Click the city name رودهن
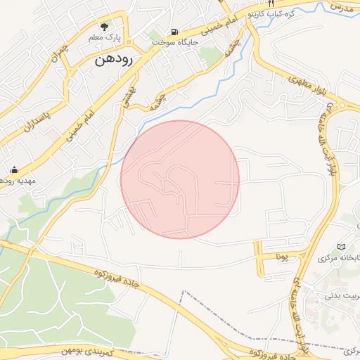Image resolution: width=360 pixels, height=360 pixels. [116, 60]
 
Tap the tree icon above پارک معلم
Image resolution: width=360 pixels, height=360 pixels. [105, 26]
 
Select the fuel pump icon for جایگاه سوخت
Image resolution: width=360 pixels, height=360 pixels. [174, 32]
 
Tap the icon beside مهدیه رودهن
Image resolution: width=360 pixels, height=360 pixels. [14, 169]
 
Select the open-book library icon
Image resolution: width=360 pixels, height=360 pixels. [342, 247]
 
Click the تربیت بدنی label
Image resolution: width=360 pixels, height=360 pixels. [341, 296]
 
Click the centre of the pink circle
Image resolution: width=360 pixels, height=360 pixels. [180, 179]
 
